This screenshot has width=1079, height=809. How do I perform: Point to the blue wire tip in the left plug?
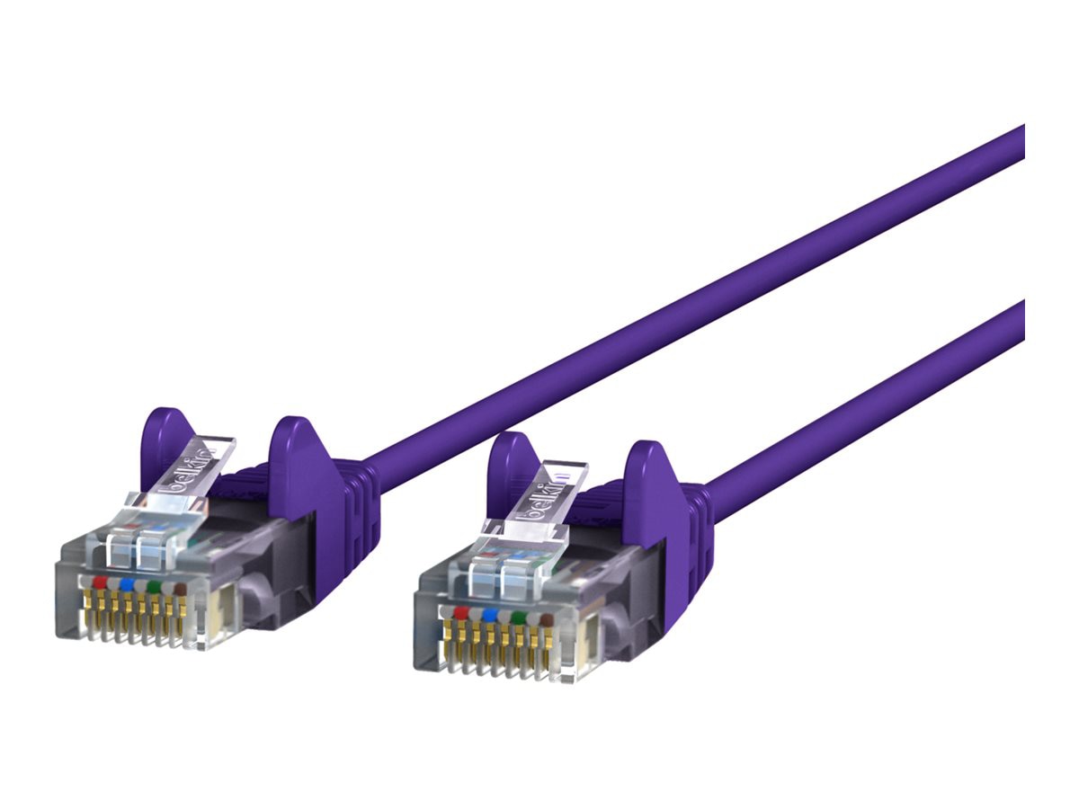point(128,585)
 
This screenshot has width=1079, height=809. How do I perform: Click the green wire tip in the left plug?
point(155,588)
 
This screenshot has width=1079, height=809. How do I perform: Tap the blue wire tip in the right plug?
point(488,616)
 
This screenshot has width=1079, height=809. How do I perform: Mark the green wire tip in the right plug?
point(516,618)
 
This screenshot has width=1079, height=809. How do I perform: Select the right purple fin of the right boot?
point(649,485)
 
